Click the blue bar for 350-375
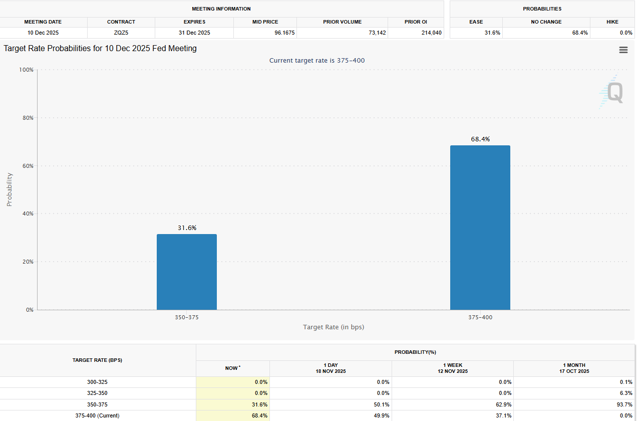point(187,272)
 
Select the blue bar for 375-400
point(480,228)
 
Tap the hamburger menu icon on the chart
point(623,50)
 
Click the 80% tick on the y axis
point(26,118)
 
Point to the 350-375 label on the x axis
point(187,317)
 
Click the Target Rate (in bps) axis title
point(334,327)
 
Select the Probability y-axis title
point(10,189)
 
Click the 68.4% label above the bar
point(480,139)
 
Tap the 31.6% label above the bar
point(187,228)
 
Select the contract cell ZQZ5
point(121,33)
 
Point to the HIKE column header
point(612,22)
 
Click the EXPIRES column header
point(194,22)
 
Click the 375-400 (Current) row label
point(97,415)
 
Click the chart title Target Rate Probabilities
point(100,49)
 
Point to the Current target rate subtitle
point(317,61)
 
